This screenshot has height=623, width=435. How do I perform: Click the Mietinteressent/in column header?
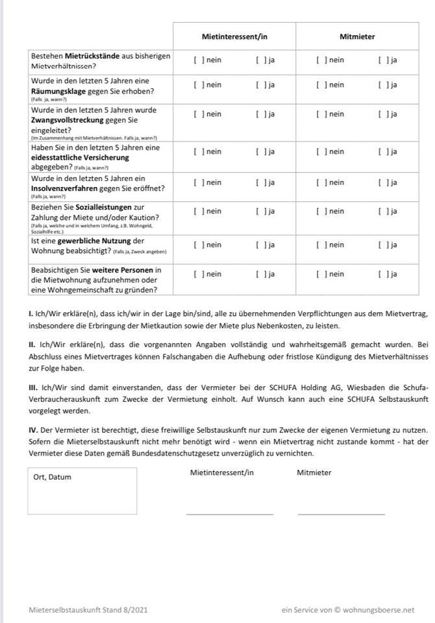234,37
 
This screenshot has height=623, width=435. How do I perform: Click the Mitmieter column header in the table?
357,37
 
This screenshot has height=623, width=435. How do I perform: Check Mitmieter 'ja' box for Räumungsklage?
384,85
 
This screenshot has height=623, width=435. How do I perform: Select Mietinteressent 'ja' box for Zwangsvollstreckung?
261,114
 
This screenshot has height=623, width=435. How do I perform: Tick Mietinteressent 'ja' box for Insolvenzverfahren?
261,182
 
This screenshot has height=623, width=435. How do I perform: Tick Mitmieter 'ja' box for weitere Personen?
384,275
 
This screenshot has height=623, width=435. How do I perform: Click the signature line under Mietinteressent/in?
229,513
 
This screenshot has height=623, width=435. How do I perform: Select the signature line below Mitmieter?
341,513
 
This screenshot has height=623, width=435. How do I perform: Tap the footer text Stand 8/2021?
126,610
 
